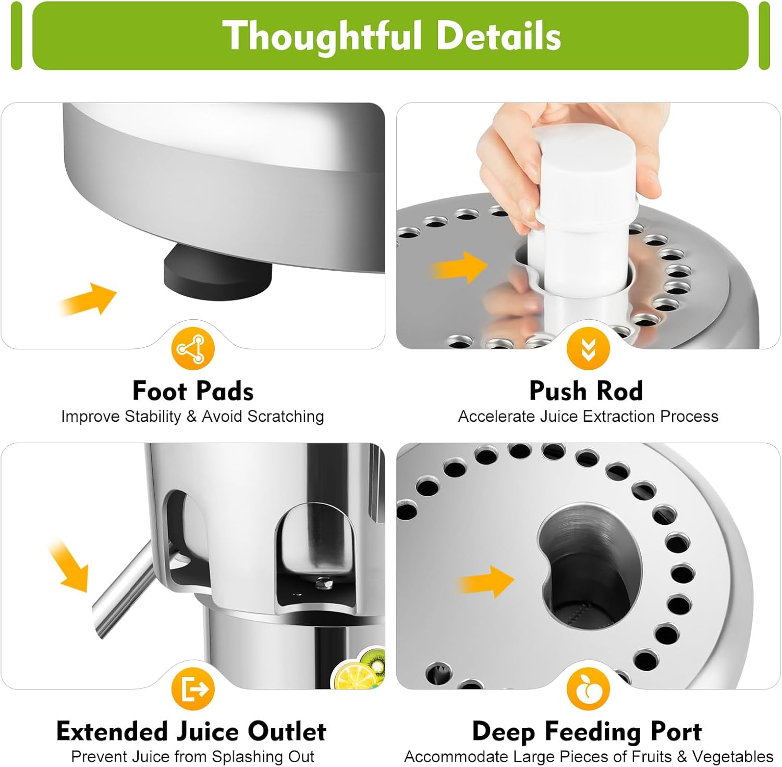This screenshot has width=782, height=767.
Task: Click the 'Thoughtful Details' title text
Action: (392, 35)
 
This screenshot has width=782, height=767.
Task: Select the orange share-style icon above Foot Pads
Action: (193, 348)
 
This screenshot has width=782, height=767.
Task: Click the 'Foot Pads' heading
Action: (193, 391)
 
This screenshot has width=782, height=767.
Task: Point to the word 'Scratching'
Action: (285, 417)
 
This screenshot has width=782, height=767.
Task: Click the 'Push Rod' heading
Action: (586, 391)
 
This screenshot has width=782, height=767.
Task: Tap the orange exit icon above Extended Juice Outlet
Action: (193, 688)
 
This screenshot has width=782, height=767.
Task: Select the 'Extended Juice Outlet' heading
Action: (191, 731)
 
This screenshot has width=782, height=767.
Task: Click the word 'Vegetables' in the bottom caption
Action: (732, 757)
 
